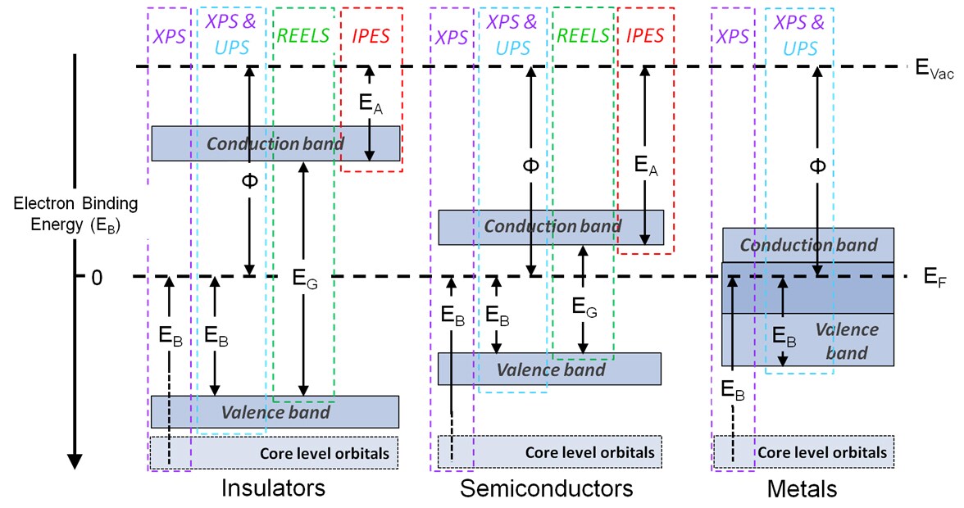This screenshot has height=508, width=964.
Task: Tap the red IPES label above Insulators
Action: click(x=371, y=35)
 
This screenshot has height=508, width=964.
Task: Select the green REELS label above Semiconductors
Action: click(x=583, y=35)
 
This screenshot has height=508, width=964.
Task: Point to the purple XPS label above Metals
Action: click(x=733, y=36)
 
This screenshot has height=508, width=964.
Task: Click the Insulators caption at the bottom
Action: click(x=273, y=489)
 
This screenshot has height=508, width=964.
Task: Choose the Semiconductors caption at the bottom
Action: click(x=547, y=489)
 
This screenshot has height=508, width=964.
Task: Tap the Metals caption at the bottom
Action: click(x=802, y=489)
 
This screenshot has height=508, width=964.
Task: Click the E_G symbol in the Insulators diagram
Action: click(x=304, y=277)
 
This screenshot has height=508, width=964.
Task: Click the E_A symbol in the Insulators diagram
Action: click(x=370, y=103)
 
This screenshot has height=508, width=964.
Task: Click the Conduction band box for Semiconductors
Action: click(x=550, y=227)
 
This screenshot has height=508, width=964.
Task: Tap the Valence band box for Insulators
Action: click(x=275, y=411)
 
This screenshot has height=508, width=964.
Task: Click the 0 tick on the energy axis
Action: click(x=97, y=278)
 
